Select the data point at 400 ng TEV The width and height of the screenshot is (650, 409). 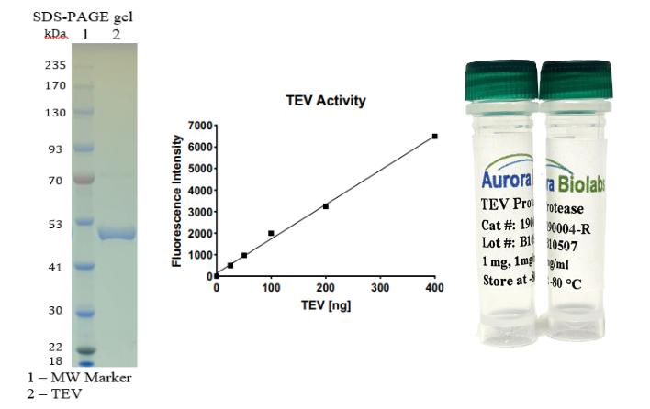point(434,136)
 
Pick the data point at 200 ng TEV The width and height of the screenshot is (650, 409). point(325,206)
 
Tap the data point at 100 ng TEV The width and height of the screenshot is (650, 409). point(271,233)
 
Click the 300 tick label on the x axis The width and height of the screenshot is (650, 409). point(380,287)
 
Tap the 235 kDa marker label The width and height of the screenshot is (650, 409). point(54,65)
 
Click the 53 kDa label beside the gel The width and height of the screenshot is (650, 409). point(54,223)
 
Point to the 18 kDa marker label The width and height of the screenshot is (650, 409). point(54,360)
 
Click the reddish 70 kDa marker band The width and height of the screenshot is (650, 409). point(84,180)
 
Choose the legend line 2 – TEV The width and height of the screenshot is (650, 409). point(56,394)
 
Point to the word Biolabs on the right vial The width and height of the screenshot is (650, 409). point(584,175)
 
